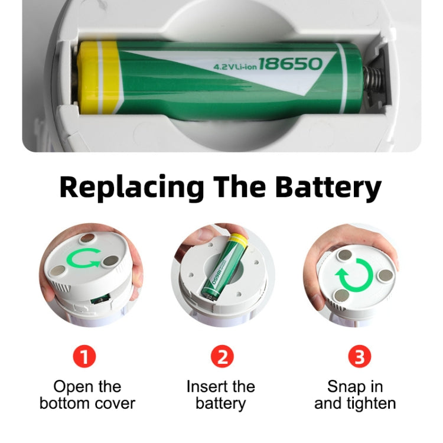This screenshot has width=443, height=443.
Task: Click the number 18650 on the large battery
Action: [x=290, y=64]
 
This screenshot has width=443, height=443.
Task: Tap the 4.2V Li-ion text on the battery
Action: [x=234, y=67]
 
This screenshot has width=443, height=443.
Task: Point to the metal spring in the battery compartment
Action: [x=373, y=77]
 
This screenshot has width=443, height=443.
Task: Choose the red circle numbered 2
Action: [x=221, y=357]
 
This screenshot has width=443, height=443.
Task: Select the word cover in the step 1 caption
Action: [x=115, y=404]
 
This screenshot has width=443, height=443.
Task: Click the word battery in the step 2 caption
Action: [x=221, y=404]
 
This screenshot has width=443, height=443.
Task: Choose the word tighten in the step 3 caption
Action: [x=372, y=404]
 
